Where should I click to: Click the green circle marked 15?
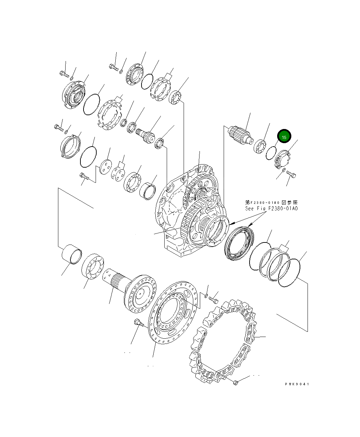tap(284, 137)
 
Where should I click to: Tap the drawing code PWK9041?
tap(297, 384)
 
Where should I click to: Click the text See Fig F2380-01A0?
tap(271, 208)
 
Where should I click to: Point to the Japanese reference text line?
tap(271, 202)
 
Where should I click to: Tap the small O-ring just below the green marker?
tap(271, 152)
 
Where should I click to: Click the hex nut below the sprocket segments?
tap(235, 382)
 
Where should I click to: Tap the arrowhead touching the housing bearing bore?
tap(229, 224)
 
